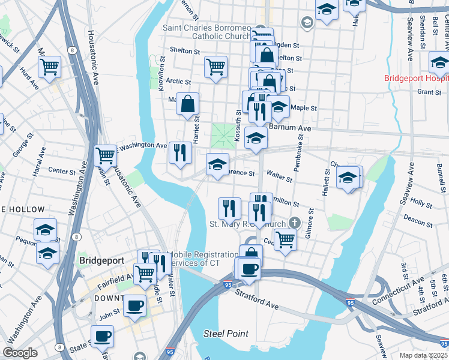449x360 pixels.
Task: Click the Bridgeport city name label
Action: pyautogui.click(x=101, y=261)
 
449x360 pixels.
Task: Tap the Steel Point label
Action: pyautogui.click(x=226, y=334)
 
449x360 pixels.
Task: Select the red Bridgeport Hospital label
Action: pyautogui.click(x=417, y=79)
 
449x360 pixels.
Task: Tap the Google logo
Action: pyautogui.click(x=20, y=353)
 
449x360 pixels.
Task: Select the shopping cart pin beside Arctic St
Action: pyautogui.click(x=215, y=67)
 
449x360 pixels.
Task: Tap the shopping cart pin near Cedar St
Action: pyautogui.click(x=286, y=239)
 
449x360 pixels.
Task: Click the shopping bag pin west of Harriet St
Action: pyautogui.click(x=188, y=103)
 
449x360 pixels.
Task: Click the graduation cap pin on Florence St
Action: pyautogui.click(x=217, y=164)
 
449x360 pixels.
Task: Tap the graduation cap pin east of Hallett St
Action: pyautogui.click(x=348, y=177)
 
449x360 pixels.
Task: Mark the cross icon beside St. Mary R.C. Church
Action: pyautogui.click(x=293, y=223)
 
